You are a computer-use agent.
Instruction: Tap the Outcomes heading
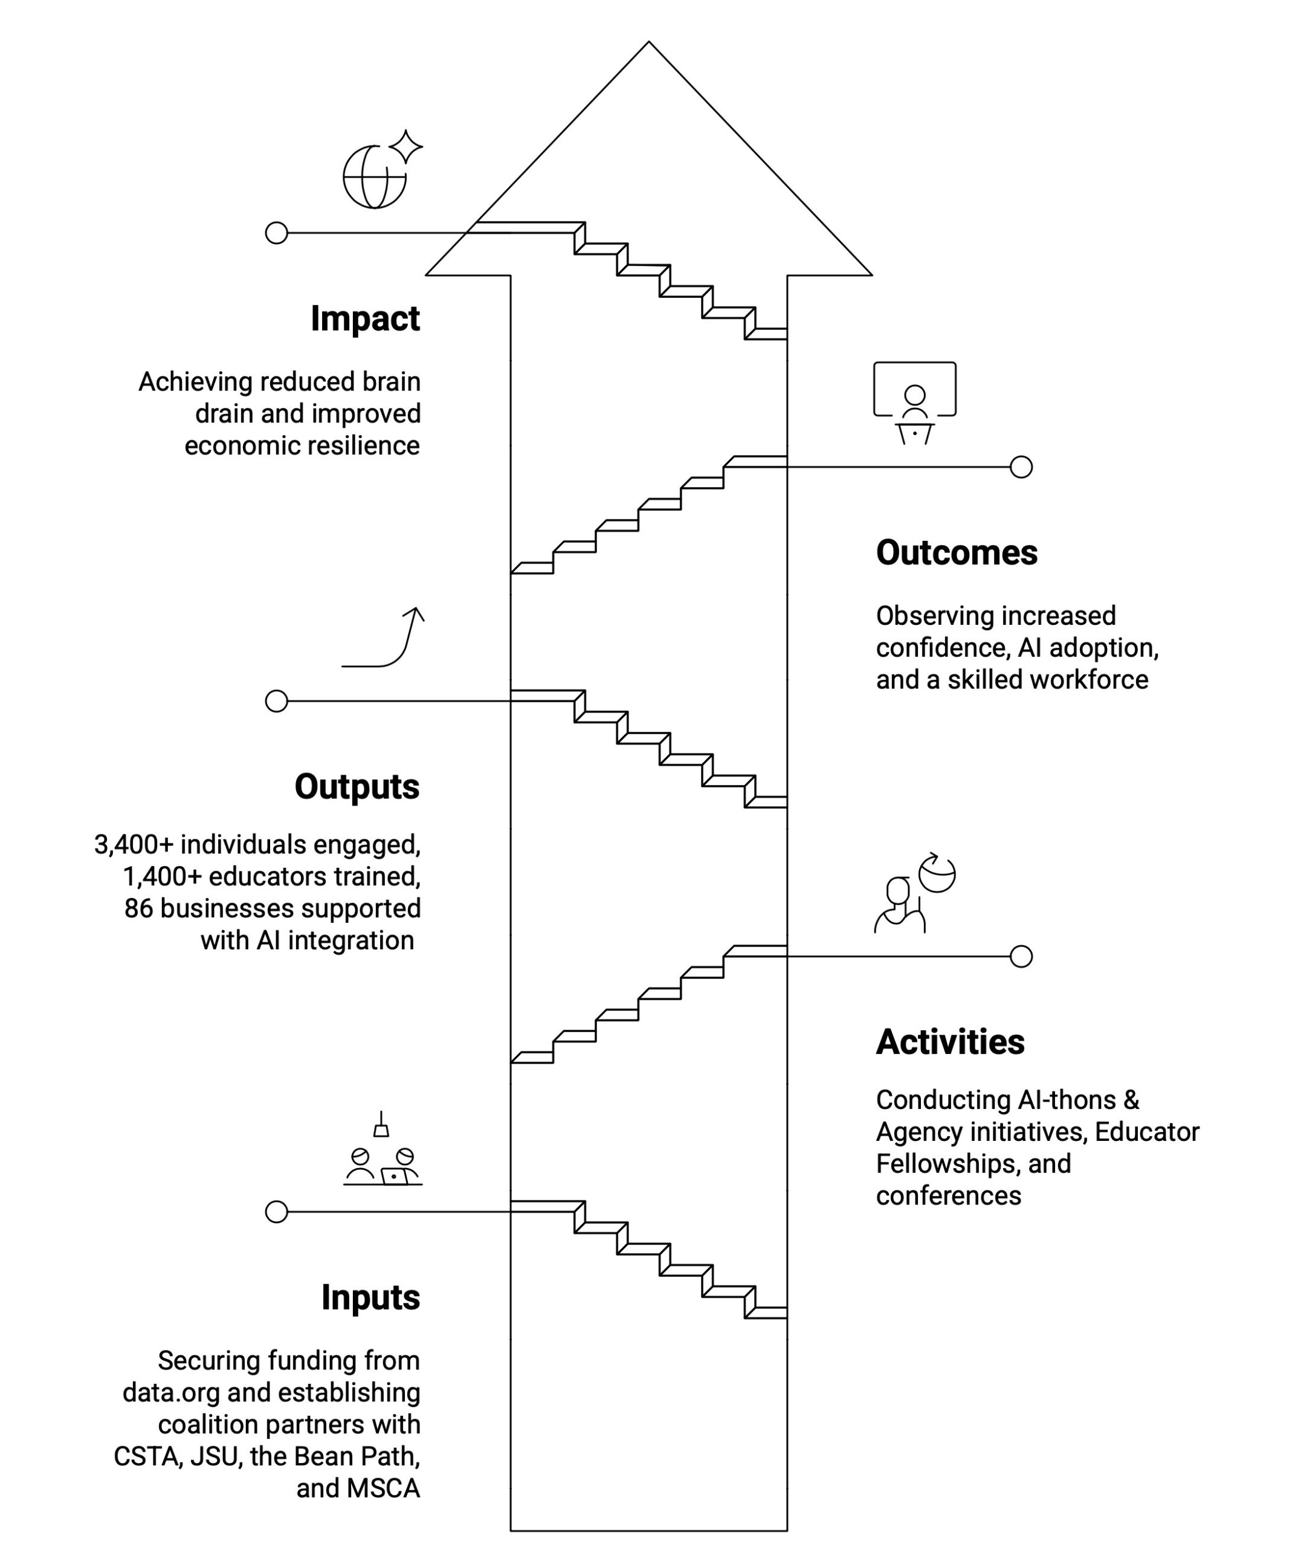tap(956, 552)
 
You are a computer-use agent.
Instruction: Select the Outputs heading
tap(357, 787)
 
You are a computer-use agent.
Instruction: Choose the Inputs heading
tap(370, 1297)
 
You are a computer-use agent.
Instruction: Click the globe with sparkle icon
tap(381, 171)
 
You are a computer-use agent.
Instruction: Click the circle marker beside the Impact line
tap(276, 233)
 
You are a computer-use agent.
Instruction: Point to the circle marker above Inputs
tap(276, 1212)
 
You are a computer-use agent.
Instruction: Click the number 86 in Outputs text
tap(138, 908)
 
